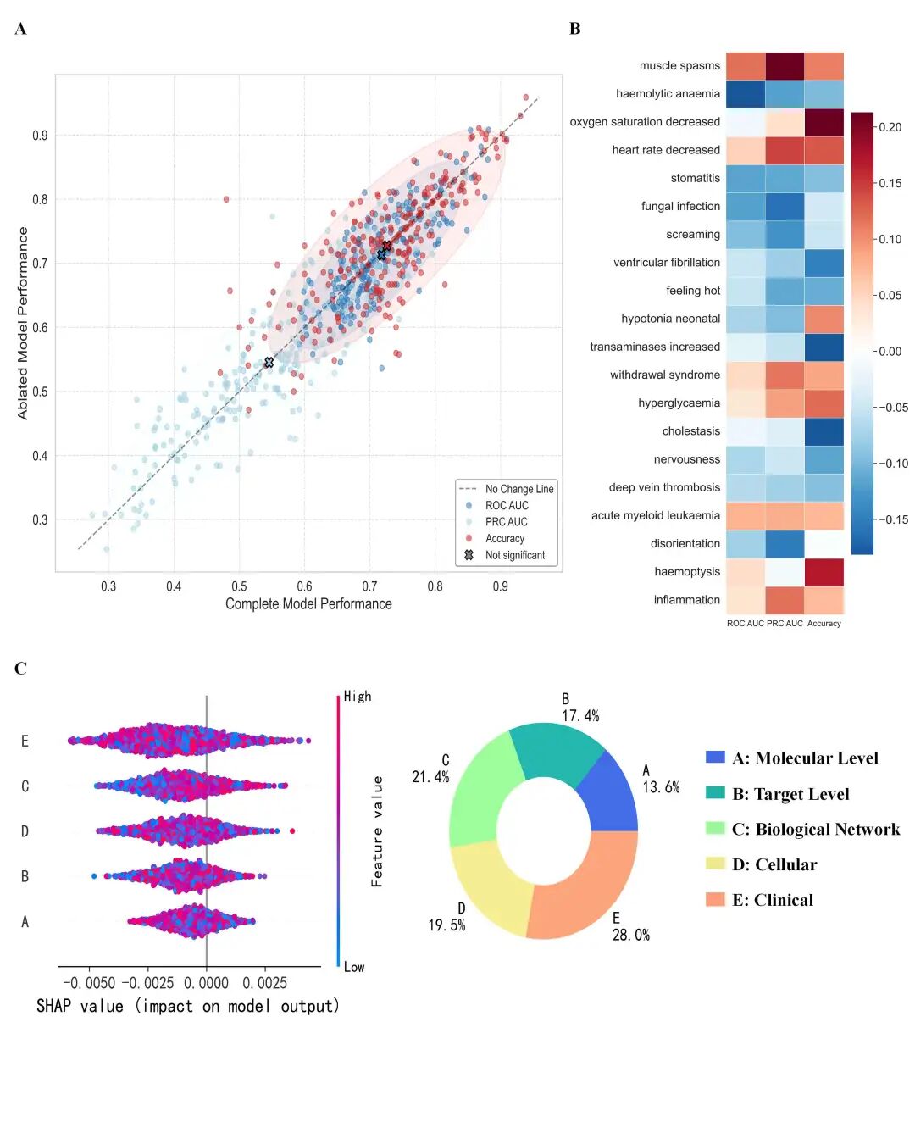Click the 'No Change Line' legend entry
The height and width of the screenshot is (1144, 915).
tap(518, 489)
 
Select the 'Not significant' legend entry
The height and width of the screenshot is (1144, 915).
tap(514, 555)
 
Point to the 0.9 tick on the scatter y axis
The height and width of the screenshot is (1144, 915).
tap(40, 136)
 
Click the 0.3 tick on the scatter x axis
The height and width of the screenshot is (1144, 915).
tap(108, 586)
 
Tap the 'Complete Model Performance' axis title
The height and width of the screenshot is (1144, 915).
tap(308, 604)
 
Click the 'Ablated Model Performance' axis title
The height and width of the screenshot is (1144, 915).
tap(23, 323)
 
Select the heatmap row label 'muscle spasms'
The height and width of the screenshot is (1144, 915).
tap(679, 66)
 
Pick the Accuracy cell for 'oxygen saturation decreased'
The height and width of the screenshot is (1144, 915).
tap(824, 122)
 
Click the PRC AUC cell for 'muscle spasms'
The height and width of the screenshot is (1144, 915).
tap(785, 66)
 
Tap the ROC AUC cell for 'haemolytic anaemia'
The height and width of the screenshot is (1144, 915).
tap(746, 94)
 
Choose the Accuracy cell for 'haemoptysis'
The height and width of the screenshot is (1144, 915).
tap(824, 572)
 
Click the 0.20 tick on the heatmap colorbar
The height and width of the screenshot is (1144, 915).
tap(890, 127)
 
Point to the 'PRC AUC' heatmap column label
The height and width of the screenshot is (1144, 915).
tap(785, 624)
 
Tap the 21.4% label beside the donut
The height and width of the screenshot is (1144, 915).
tap(430, 777)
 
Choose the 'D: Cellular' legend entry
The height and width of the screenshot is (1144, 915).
tap(774, 864)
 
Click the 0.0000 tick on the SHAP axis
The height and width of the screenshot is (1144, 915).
tap(207, 983)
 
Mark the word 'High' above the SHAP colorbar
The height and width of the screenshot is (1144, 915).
tap(358, 697)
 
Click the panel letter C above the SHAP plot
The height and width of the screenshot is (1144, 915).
tap(20, 669)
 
